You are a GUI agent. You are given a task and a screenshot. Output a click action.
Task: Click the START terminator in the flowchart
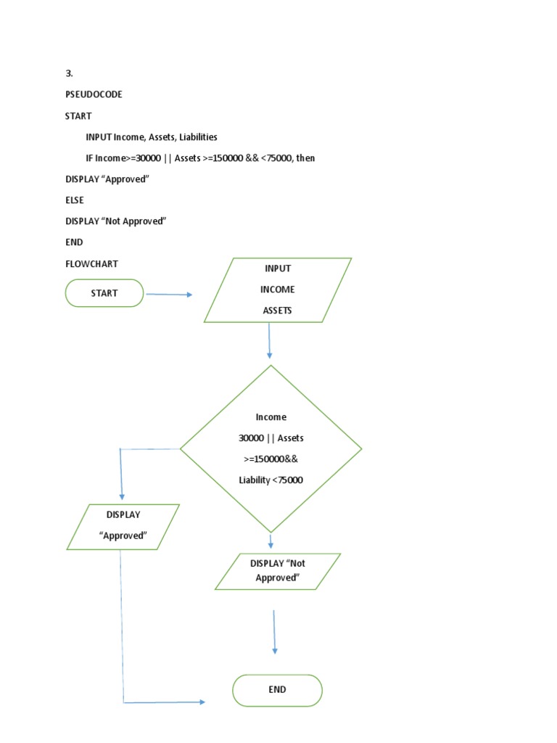(x=104, y=293)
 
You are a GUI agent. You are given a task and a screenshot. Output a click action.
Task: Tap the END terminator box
(x=277, y=690)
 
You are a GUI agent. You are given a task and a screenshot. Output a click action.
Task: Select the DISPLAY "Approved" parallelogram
(x=123, y=526)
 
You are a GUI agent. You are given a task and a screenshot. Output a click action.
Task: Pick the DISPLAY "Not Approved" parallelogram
(x=278, y=571)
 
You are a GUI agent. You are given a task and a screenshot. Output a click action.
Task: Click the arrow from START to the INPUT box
(x=169, y=295)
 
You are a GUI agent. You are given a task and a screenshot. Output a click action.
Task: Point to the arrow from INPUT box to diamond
(x=270, y=340)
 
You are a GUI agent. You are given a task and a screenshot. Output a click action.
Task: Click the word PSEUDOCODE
(x=94, y=94)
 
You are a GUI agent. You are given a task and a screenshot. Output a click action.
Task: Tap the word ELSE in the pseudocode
(x=75, y=200)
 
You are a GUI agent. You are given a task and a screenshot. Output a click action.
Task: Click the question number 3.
(x=69, y=73)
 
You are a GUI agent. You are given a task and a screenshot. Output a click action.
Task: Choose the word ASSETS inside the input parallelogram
(x=278, y=311)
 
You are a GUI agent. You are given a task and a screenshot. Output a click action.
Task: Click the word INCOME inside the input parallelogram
(x=278, y=290)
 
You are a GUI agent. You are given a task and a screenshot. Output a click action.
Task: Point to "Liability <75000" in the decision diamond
(x=271, y=480)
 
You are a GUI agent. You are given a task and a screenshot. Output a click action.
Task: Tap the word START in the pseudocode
(x=78, y=115)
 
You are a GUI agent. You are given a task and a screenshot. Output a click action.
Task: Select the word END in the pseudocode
(x=74, y=242)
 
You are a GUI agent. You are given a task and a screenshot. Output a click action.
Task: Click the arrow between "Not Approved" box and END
(x=274, y=632)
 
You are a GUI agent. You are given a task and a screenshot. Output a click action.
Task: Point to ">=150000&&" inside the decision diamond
(x=271, y=459)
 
